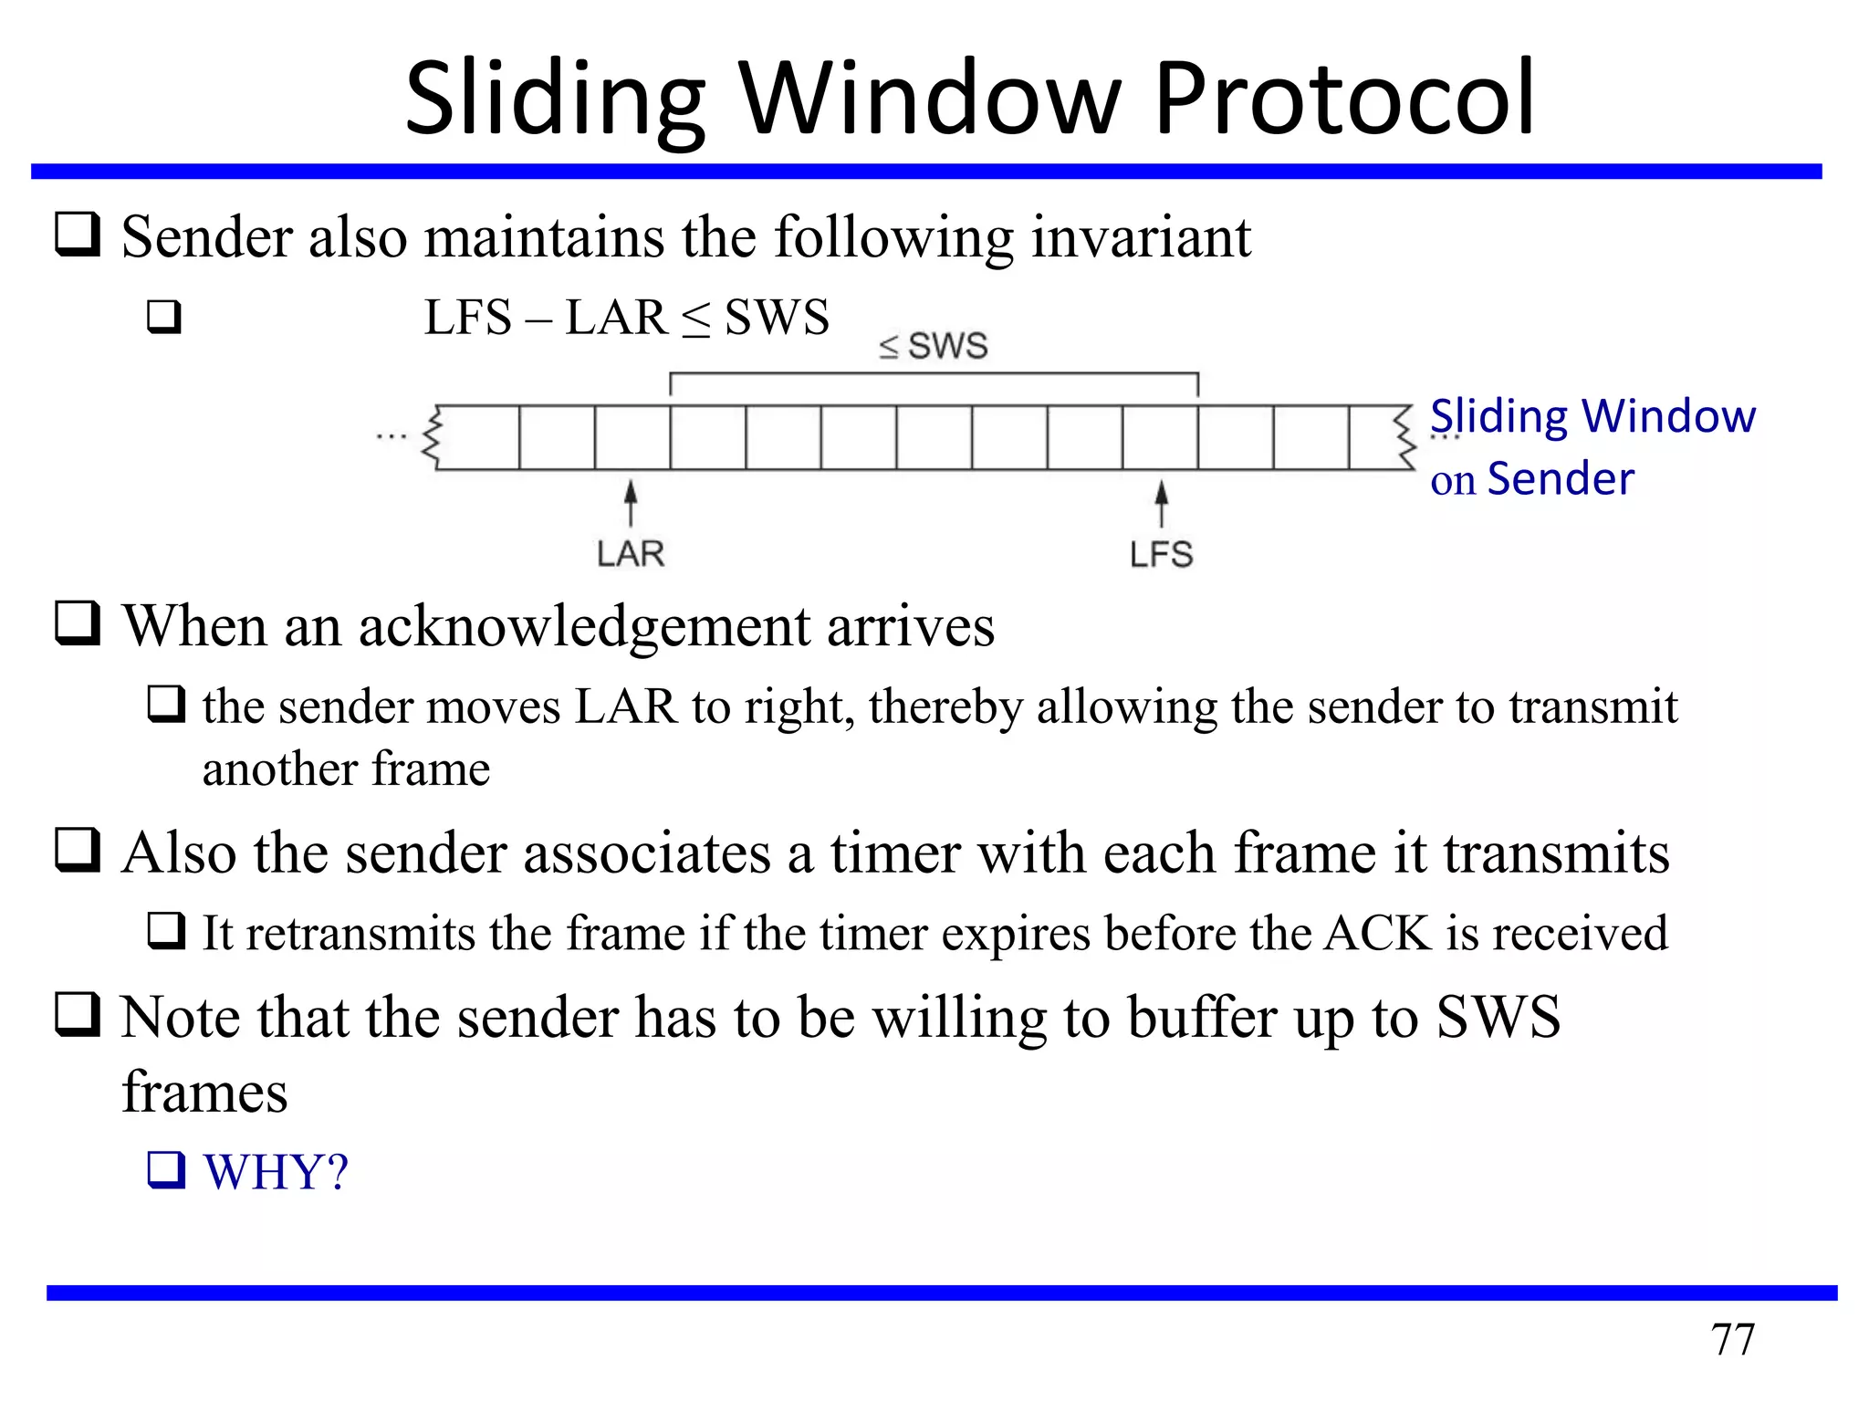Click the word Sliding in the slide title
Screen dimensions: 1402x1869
point(554,99)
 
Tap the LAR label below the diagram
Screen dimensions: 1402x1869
point(631,554)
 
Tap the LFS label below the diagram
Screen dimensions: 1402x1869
point(1161,554)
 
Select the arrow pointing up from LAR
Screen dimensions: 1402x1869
point(631,504)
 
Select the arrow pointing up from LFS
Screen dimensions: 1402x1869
point(1161,504)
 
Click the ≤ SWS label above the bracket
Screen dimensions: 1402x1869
point(933,346)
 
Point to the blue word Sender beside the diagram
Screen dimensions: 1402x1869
point(1561,479)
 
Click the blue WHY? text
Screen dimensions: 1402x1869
point(276,1172)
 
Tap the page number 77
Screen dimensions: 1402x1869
point(1732,1340)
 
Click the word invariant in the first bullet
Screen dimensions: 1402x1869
point(1141,237)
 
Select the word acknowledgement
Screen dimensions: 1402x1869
point(584,628)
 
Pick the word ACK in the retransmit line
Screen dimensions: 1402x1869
point(1378,934)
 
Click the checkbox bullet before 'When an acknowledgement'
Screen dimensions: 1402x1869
point(78,624)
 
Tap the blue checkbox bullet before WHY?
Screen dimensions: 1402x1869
point(166,1171)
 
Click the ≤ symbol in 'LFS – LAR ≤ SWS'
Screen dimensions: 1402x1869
point(695,319)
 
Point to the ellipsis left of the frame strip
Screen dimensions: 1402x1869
point(391,437)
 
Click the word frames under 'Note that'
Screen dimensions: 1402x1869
point(204,1093)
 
